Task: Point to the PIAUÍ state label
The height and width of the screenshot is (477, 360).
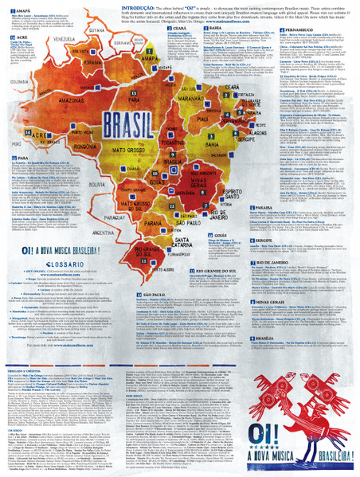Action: [216, 119]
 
